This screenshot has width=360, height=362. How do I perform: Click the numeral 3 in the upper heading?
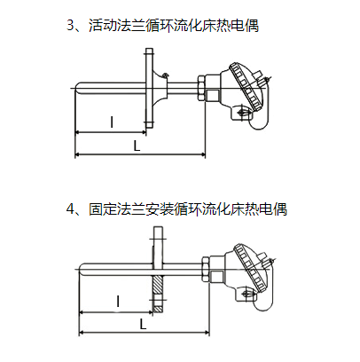pos(70,26)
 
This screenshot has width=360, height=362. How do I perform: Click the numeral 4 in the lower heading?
pos(70,209)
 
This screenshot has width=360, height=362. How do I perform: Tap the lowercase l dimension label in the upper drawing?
pos(112,122)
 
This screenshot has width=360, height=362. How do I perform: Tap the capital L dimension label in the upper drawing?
pos(137,146)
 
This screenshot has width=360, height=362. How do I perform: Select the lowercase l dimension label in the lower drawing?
pos(118,302)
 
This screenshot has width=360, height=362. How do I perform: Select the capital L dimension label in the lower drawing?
pos(143,325)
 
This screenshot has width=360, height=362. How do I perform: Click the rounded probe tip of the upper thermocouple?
pos(77,89)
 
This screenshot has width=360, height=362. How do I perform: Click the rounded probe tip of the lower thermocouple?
pos(82,269)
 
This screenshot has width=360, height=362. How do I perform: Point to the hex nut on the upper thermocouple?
pos(200,88)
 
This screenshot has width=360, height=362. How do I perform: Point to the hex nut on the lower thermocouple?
pos(206,269)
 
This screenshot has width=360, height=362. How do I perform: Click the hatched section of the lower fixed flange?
pos(158,294)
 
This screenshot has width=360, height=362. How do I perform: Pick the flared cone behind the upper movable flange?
pos(160,88)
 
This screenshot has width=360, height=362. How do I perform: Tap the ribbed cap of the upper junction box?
pos(247,87)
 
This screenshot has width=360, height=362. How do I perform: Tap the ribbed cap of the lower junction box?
pos(252,267)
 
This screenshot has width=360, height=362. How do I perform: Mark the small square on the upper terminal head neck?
pos(212,95)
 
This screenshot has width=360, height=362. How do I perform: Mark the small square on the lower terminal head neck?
pos(217,276)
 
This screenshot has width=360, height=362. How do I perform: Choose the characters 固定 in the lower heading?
pos(103,209)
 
